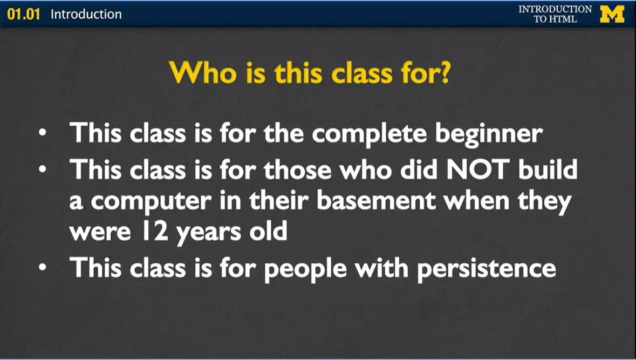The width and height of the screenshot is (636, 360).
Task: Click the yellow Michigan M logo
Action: click(612, 13)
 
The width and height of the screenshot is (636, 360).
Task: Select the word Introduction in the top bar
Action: click(86, 14)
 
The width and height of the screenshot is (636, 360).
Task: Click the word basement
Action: click(375, 201)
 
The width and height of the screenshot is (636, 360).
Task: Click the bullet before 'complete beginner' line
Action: click(44, 132)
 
